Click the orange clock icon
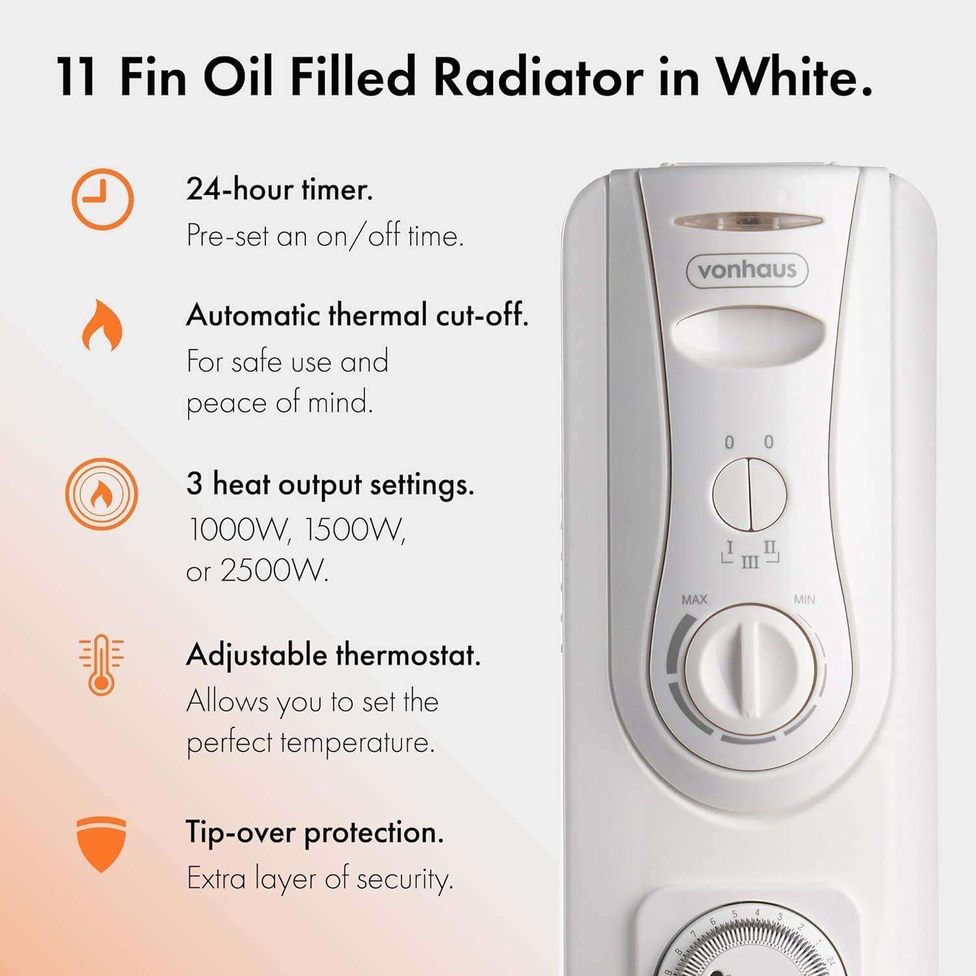102,199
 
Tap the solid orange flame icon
102,325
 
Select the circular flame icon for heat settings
102,494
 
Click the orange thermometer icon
101,664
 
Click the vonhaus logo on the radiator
746,270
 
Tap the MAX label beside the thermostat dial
694,599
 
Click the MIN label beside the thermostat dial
804,599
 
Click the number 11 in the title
77,77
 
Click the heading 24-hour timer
279,190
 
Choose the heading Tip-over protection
314,832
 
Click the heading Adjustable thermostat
332,655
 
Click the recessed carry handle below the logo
746,329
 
